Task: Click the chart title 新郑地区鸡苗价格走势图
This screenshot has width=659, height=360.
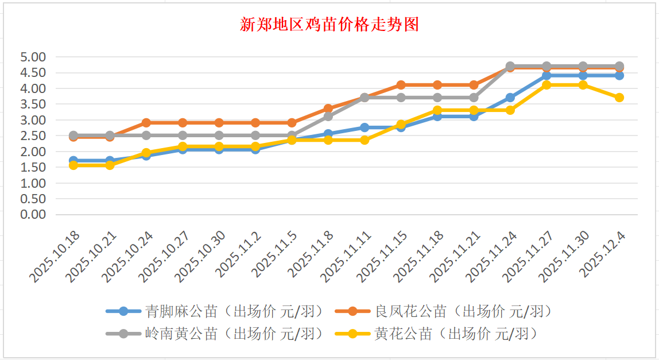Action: click(x=329, y=25)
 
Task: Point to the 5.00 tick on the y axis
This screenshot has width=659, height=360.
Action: click(x=33, y=57)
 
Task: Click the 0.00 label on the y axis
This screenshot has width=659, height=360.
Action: click(x=33, y=215)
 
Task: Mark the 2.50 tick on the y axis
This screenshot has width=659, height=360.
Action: click(x=33, y=136)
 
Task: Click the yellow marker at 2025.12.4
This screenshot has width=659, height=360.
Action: click(x=619, y=98)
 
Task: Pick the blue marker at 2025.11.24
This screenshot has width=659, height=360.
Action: click(x=510, y=98)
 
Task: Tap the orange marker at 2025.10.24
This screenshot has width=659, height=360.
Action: click(x=146, y=123)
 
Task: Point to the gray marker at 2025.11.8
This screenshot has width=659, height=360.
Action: click(x=328, y=117)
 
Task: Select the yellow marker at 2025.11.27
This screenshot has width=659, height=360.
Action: click(x=547, y=85)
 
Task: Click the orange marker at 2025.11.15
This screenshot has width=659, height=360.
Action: click(x=401, y=85)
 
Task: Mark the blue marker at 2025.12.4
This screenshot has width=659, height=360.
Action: click(x=619, y=75)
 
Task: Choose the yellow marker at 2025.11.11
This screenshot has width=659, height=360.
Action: click(x=365, y=140)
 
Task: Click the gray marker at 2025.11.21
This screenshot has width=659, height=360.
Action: click(x=474, y=98)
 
